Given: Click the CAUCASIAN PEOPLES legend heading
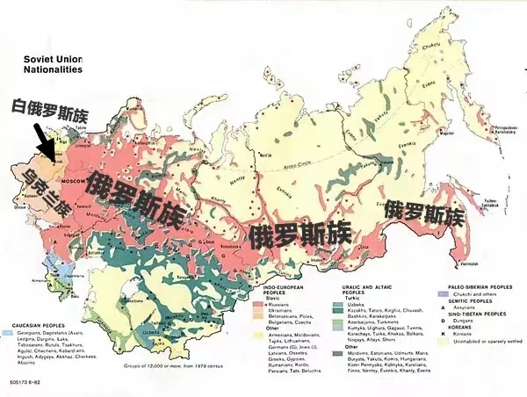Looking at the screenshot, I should [36, 324].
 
